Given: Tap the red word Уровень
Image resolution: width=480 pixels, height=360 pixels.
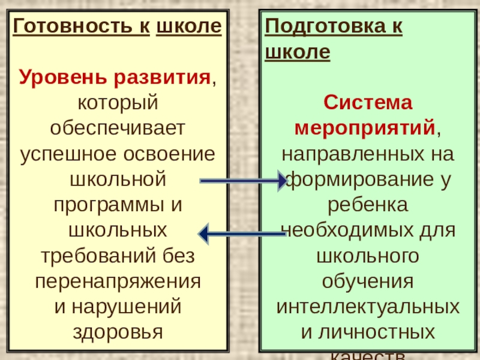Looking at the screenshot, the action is click(56, 77).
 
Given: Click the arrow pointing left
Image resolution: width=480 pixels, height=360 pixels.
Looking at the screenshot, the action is click(242, 232).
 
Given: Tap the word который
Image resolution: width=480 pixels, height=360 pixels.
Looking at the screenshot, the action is click(118, 103).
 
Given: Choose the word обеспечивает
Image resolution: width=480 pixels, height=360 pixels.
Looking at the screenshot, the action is click(118, 128).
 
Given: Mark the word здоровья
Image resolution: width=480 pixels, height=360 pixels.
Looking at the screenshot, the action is click(118, 331).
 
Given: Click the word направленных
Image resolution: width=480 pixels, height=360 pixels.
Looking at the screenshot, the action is click(350, 154).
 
